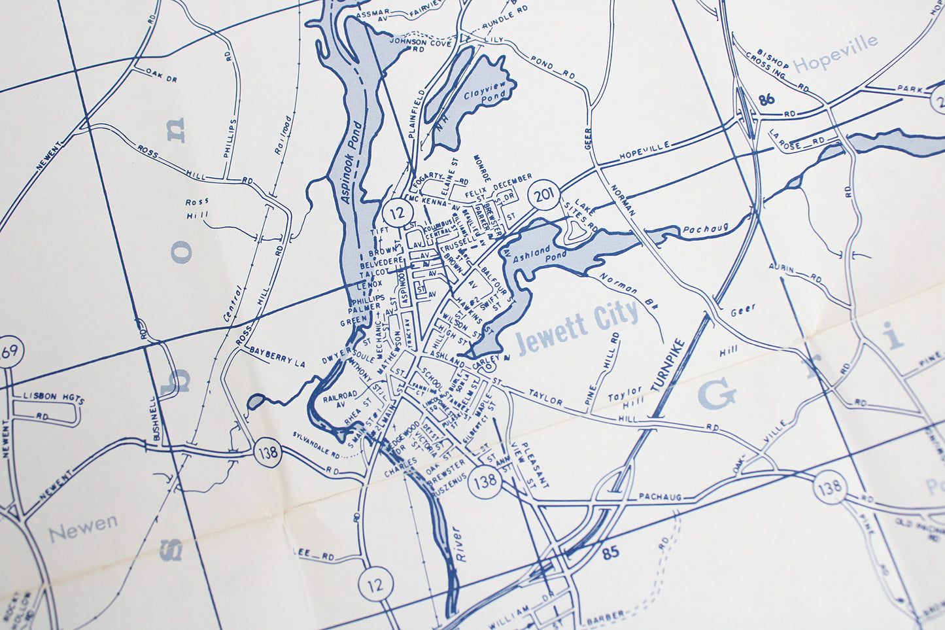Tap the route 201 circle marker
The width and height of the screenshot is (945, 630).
tap(543, 195)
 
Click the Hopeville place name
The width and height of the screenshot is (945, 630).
tap(835, 54)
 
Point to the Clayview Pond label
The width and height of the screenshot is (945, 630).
tap(485, 97)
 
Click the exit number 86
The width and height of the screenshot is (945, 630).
tap(767, 100)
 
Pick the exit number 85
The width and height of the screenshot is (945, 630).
tap(610, 553)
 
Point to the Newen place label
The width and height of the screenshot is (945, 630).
tap(83, 528)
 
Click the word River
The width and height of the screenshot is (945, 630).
tap(458, 543)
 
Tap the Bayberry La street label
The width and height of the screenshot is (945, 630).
tap(277, 356)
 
